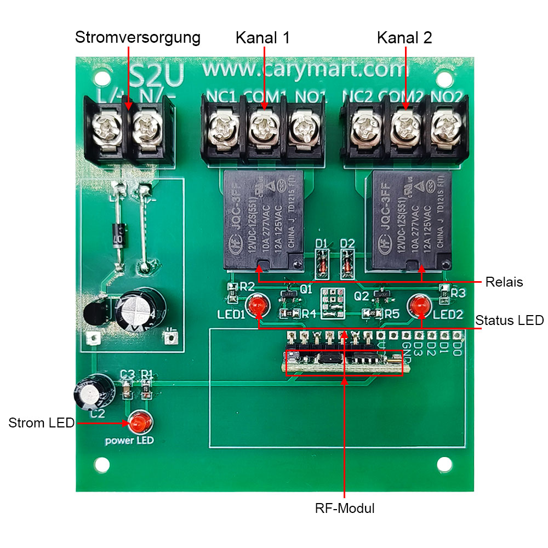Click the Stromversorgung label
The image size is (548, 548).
click(x=138, y=38)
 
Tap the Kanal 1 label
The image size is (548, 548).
click(x=262, y=38)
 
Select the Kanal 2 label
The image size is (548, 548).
click(x=404, y=38)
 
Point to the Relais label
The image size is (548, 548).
click(x=504, y=282)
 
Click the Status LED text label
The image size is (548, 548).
click(x=509, y=320)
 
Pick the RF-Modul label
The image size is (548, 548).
click(x=345, y=508)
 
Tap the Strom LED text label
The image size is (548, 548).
click(x=41, y=423)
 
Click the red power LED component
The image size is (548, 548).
click(x=140, y=423)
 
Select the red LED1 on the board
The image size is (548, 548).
click(x=256, y=305)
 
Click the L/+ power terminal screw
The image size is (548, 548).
click(x=106, y=130)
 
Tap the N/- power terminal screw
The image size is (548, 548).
click(x=146, y=130)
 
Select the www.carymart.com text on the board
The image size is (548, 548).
click(x=306, y=70)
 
